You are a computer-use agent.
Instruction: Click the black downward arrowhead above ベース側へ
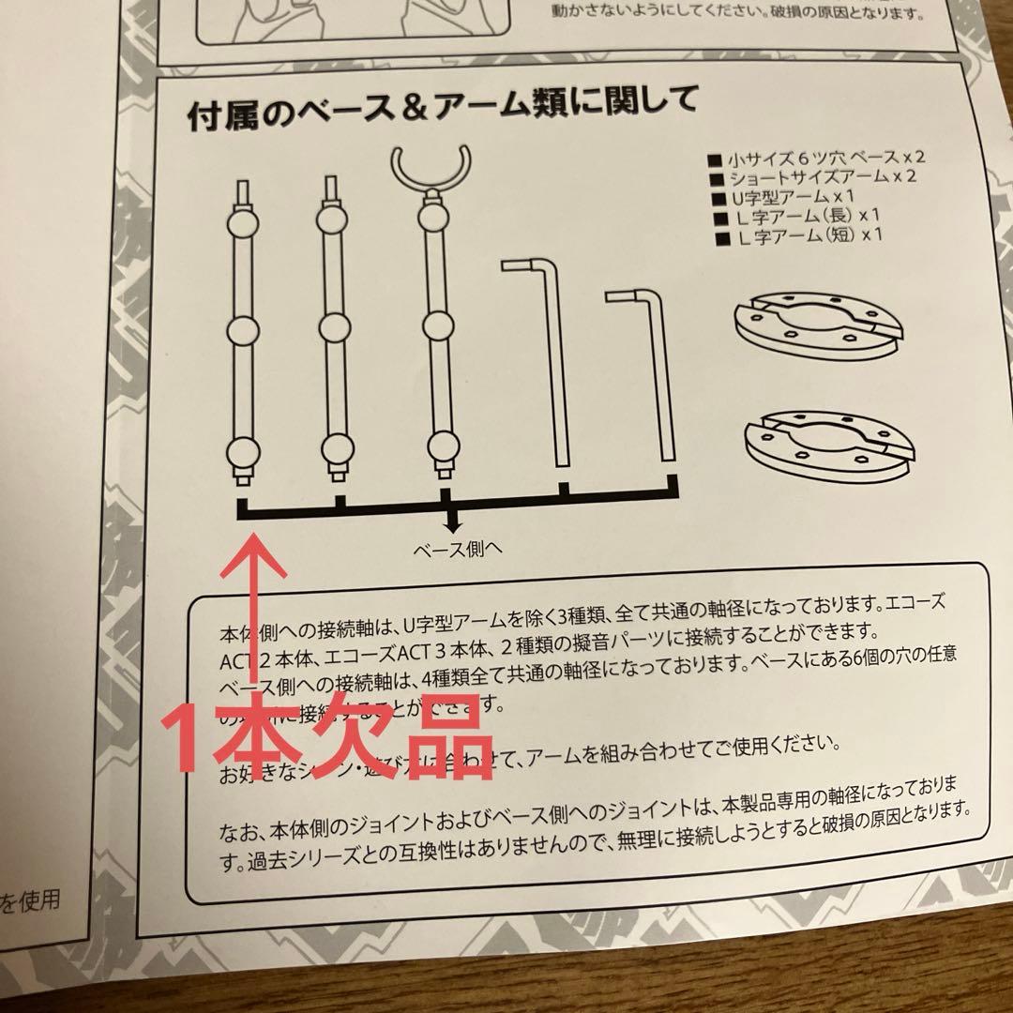point(455,527)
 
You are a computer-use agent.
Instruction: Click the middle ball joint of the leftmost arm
point(242,331)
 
